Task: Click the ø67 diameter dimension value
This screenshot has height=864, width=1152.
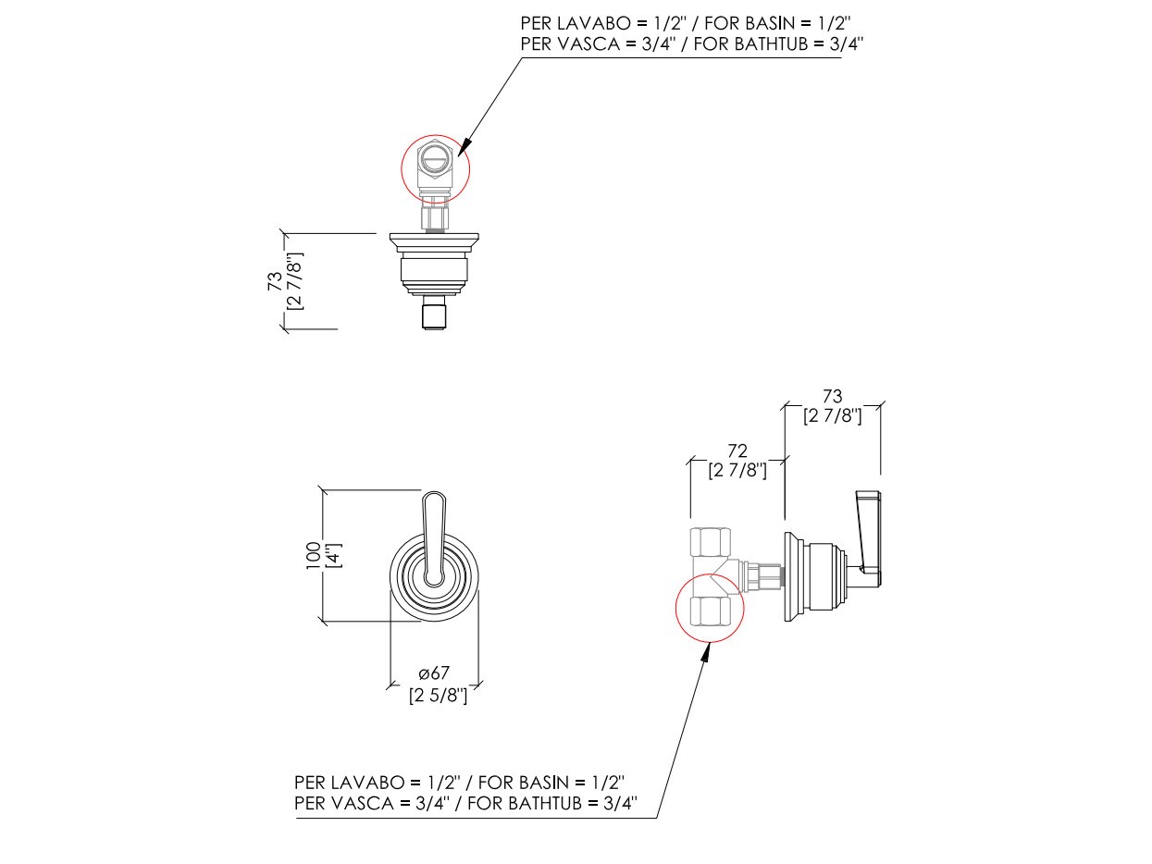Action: [434, 674]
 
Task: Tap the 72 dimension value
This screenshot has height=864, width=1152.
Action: [737, 451]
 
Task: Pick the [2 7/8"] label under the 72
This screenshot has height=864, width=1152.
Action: [737, 470]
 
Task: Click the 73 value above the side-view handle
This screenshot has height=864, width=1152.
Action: [832, 397]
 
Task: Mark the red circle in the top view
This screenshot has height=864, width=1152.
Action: [435, 168]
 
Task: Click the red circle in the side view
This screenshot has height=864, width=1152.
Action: [711, 607]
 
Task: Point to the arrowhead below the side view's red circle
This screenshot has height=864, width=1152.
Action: [706, 652]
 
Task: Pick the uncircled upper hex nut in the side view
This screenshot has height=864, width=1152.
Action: [712, 540]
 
